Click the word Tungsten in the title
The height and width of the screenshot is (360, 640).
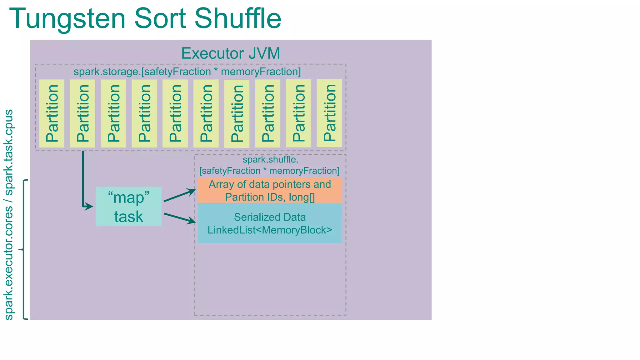point(67,19)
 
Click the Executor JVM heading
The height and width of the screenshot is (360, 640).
point(231,53)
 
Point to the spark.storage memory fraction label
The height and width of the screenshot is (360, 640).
point(187,72)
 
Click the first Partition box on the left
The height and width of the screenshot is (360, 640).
point(52,113)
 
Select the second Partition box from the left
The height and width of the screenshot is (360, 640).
point(82,113)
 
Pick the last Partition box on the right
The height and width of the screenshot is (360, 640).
point(329,113)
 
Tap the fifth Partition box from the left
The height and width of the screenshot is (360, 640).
point(175,113)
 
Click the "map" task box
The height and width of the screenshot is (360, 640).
point(129,207)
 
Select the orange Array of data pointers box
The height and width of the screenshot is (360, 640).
point(270,190)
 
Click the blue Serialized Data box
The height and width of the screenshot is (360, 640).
point(270,223)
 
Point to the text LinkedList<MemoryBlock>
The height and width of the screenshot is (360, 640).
point(270,230)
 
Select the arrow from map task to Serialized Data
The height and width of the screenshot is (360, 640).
point(180,218)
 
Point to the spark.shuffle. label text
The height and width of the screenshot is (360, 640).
point(270,160)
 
